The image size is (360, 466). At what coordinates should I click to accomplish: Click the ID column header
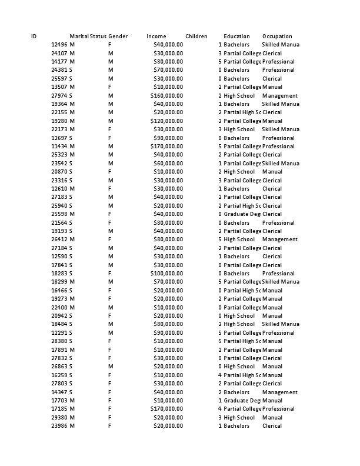pyautogui.click(x=34, y=36)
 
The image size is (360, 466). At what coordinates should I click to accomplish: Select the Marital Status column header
pyautogui.click(x=88, y=36)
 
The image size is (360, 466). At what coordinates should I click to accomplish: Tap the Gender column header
pyautogui.click(x=118, y=36)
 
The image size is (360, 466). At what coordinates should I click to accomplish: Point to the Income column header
pyautogui.click(x=156, y=36)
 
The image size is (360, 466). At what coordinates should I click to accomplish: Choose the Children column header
pyautogui.click(x=196, y=36)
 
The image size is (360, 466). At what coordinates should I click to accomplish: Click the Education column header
pyautogui.click(x=236, y=36)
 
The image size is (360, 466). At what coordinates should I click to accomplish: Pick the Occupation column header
pyautogui.click(x=277, y=36)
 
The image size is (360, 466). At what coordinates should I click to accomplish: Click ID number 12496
pyautogui.click(x=59, y=45)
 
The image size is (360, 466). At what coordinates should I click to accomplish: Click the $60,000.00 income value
pyautogui.click(x=168, y=164)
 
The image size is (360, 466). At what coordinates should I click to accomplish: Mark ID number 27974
pyautogui.click(x=59, y=96)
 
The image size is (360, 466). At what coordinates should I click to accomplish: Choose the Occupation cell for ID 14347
pyautogui.click(x=280, y=392)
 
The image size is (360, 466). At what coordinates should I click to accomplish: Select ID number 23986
pyautogui.click(x=59, y=426)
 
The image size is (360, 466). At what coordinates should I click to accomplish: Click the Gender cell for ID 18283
pyautogui.click(x=109, y=274)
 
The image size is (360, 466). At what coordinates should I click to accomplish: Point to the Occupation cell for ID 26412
pyautogui.click(x=280, y=239)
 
